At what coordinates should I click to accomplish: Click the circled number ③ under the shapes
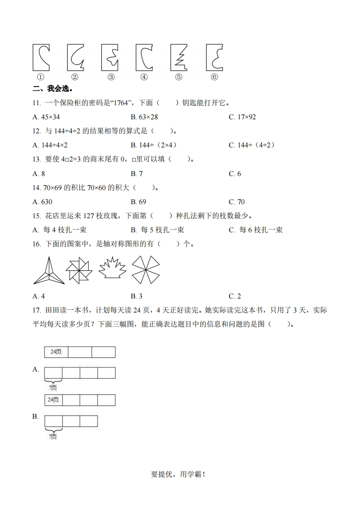[111, 77]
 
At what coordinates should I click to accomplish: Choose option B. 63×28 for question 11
[144, 117]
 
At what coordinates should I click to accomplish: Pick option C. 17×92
[242, 117]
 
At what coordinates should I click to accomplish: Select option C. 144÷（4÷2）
[252, 145]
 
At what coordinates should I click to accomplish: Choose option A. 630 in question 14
[43, 201]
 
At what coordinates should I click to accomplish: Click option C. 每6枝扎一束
[256, 230]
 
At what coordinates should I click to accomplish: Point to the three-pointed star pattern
[48, 270]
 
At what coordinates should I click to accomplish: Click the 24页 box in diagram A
[56, 352]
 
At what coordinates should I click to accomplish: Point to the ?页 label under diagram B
[53, 437]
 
